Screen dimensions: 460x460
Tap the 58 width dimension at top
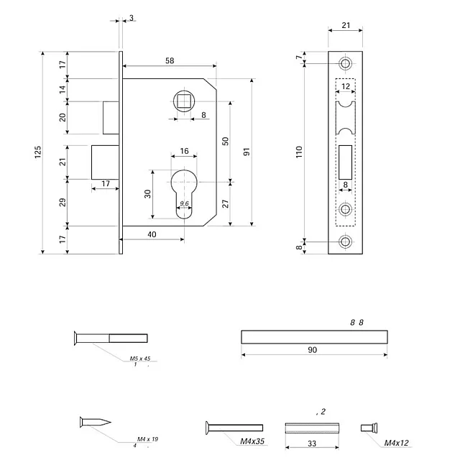(169, 60)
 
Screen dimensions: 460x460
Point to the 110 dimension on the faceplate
(299, 152)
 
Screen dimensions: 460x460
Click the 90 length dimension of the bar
(313, 349)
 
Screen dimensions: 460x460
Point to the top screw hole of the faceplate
(346, 65)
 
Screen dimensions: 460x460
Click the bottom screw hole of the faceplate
(346, 241)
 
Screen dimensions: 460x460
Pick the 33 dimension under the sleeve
(312, 443)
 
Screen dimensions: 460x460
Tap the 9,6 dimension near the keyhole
(184, 204)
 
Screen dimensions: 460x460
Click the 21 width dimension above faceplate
(345, 26)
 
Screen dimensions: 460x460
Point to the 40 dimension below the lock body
(152, 234)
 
